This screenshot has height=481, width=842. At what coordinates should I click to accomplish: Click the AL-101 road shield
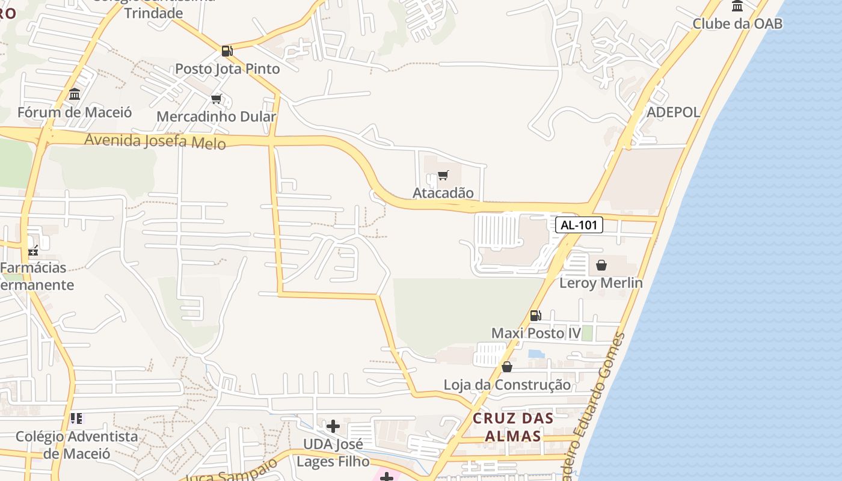pos(579,225)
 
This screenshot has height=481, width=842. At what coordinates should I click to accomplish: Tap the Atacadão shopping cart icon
pos(443,176)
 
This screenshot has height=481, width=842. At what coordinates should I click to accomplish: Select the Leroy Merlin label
pos(601,283)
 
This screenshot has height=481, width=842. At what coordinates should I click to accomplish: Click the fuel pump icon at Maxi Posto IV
pos(535,315)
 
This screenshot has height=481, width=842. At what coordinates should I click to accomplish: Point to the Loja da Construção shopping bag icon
pos(507,366)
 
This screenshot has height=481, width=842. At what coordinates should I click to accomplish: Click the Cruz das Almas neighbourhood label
pos(513,426)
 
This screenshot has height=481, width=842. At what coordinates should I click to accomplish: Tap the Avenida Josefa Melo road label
pos(155,141)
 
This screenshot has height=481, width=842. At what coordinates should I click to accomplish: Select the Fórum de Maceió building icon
pos(75,94)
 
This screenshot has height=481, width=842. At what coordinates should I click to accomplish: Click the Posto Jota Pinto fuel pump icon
pos(227,51)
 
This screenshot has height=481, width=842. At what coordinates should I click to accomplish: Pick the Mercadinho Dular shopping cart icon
pos(217,99)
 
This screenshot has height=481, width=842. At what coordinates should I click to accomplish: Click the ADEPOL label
pos(673,112)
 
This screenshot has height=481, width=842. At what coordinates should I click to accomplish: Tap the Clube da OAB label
pos(737,23)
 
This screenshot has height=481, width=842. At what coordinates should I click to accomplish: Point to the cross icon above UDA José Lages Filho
pos(333,426)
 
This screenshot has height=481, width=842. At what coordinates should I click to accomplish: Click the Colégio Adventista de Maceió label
pos(76,444)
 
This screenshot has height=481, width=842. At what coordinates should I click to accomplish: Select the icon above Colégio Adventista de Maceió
pos(76,418)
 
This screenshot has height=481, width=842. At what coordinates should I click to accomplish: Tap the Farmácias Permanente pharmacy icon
pos(33,250)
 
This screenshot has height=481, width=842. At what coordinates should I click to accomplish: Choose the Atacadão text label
pos(443,193)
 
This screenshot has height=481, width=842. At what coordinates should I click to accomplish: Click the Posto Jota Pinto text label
pos(227,69)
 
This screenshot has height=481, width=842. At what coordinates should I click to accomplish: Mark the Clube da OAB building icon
pos(737,6)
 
